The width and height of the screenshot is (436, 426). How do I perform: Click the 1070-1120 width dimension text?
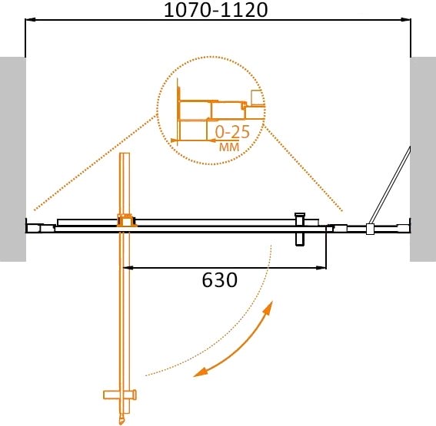click(x=217, y=12)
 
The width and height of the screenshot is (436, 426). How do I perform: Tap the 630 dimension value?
click(x=218, y=281)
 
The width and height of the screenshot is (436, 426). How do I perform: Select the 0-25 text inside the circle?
click(x=234, y=131)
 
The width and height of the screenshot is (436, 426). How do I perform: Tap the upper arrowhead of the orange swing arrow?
click(x=269, y=307)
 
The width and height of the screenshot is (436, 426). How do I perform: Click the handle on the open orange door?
click(x=119, y=396)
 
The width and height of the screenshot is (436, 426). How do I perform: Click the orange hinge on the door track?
click(x=123, y=221)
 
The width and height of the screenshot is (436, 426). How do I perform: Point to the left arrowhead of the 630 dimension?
click(x=128, y=268)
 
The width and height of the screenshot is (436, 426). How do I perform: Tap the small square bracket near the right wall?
click(x=371, y=228)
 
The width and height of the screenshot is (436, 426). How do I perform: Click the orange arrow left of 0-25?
click(x=208, y=140)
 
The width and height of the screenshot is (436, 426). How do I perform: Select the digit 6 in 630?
click(x=207, y=281)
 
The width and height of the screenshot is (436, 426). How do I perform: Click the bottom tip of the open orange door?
click(x=121, y=421)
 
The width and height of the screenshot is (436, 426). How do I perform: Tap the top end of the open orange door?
click(x=125, y=155)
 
